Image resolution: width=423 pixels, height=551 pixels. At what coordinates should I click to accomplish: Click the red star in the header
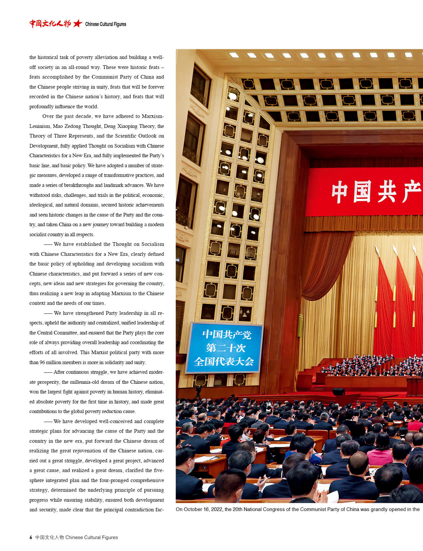point(78,24)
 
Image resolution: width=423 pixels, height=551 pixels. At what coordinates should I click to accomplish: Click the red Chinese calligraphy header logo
point(50,24)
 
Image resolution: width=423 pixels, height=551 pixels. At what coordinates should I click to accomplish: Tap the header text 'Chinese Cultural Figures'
point(106,24)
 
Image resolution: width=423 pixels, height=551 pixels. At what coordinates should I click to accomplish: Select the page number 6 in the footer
point(31,537)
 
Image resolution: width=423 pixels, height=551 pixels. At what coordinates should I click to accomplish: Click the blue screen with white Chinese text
point(224,348)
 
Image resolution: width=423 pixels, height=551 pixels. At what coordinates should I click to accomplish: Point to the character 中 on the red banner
point(339,192)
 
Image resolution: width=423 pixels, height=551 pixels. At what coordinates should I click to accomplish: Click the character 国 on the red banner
point(362,192)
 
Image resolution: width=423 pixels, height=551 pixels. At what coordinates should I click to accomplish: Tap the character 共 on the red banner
point(387,192)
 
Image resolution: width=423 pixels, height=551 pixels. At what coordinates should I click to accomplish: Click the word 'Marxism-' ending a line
point(153,116)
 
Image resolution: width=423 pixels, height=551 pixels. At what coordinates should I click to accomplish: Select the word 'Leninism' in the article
point(40,126)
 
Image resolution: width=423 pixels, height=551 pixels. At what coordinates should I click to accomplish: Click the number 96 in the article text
point(42,362)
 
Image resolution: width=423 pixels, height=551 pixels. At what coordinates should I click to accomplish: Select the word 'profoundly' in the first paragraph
point(41,107)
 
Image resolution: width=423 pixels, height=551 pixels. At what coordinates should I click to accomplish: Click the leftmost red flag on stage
point(383,306)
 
